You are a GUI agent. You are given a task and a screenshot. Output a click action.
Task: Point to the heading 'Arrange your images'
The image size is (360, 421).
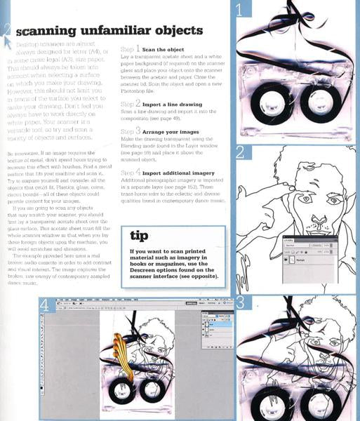(x=173, y=131)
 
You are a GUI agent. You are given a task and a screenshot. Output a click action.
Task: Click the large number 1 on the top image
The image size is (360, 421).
(x=241, y=10)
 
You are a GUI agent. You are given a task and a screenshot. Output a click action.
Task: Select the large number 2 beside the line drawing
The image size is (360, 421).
(x=240, y=152)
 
